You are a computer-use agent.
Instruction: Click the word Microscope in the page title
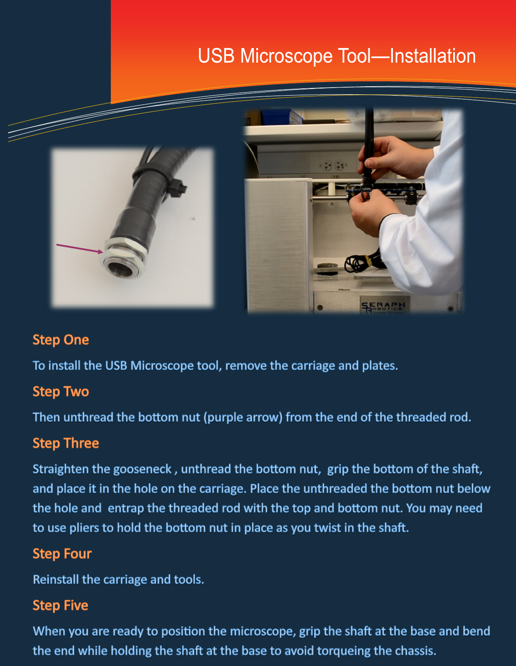point(286,56)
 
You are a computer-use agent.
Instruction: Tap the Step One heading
point(61,340)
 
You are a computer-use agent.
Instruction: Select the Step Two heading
point(61,391)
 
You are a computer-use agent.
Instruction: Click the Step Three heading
point(66,443)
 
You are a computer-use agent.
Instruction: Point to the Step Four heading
point(62,554)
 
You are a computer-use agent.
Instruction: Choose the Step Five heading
point(60,605)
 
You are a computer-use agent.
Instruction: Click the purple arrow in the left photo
point(80,249)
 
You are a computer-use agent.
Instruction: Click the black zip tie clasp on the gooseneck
point(177,187)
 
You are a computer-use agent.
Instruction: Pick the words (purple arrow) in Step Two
point(243,417)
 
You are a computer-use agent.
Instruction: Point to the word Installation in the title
point(433,56)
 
